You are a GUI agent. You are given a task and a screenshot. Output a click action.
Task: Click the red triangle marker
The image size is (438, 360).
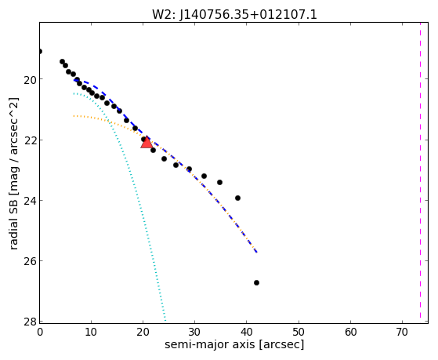coord(147,142)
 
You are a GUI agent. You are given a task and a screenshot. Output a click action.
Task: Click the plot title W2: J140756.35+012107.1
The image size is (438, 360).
coord(234,15)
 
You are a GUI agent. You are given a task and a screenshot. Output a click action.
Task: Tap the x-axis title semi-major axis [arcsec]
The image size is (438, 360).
coord(234,344)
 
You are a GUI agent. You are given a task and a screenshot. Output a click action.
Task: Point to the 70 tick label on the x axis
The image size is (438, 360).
coord(403,332)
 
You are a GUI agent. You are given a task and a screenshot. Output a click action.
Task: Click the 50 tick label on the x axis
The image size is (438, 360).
coord(299,332)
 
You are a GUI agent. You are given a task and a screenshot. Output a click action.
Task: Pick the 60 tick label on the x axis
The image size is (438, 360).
coord(351,332)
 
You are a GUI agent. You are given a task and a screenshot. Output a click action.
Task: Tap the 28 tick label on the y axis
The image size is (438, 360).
coord(30,322)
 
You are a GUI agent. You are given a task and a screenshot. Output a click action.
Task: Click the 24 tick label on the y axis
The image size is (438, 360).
coord(30,201)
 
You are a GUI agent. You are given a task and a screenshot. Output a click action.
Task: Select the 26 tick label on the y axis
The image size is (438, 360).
coord(30,261)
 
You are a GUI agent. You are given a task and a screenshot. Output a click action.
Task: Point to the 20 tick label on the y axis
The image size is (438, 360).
coord(30,79)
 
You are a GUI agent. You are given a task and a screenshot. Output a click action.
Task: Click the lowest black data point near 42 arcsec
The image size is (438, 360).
coord(256,283)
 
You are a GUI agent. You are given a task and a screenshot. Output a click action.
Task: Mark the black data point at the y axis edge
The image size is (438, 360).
coord(40,51)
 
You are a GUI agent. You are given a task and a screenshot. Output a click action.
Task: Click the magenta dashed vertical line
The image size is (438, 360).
coord(420,170)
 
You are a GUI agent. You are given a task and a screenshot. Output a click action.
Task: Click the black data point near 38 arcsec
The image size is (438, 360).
coord(237,198)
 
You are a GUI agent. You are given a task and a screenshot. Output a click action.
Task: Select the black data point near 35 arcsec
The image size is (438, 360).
coord(219,183)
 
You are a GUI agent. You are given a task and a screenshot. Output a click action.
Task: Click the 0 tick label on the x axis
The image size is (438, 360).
coord(40,332)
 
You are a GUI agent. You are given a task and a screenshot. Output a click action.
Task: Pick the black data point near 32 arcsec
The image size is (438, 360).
coord(204,176)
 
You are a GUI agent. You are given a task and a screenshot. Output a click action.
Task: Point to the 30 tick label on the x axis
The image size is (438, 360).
coord(195,332)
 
